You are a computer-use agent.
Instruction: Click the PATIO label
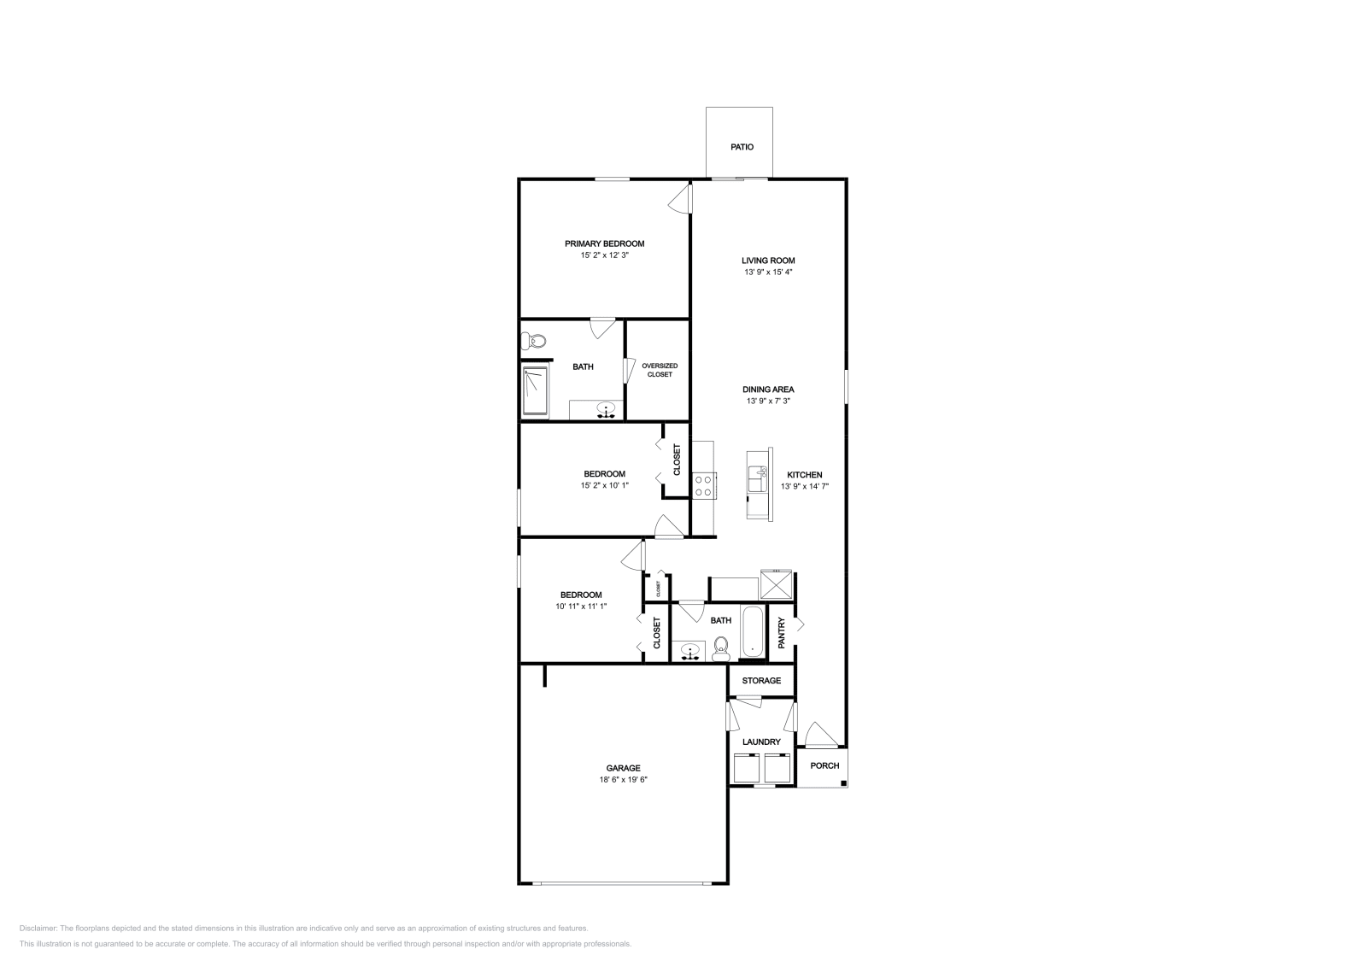point(742,147)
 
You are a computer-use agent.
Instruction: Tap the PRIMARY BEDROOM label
point(604,243)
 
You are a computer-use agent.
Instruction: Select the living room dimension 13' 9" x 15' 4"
point(768,272)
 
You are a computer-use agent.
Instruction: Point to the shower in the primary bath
point(536,391)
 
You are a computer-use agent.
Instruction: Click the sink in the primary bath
point(607,410)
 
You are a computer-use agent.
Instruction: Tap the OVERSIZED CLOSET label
point(659,370)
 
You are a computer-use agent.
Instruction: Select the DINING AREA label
point(768,390)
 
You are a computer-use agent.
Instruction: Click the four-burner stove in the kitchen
point(704,485)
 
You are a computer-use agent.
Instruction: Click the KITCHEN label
point(805,475)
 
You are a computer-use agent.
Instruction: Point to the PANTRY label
point(781,633)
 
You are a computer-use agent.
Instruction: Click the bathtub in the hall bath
point(753,633)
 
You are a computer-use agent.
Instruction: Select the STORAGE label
point(761,681)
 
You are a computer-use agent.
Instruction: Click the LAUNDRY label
point(761,742)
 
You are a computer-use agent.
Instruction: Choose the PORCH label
point(824,765)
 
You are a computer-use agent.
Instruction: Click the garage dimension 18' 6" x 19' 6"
point(623,780)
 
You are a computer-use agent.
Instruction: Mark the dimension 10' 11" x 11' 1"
point(581,607)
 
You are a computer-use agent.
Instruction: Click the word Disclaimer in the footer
point(38,928)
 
